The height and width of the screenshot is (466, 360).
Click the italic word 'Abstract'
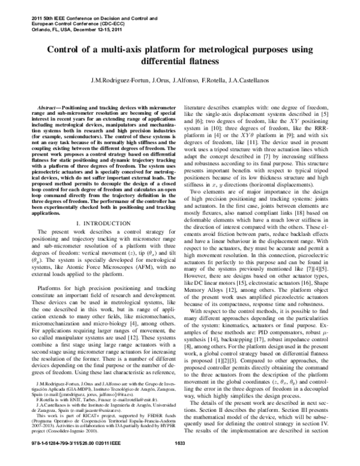47,104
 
